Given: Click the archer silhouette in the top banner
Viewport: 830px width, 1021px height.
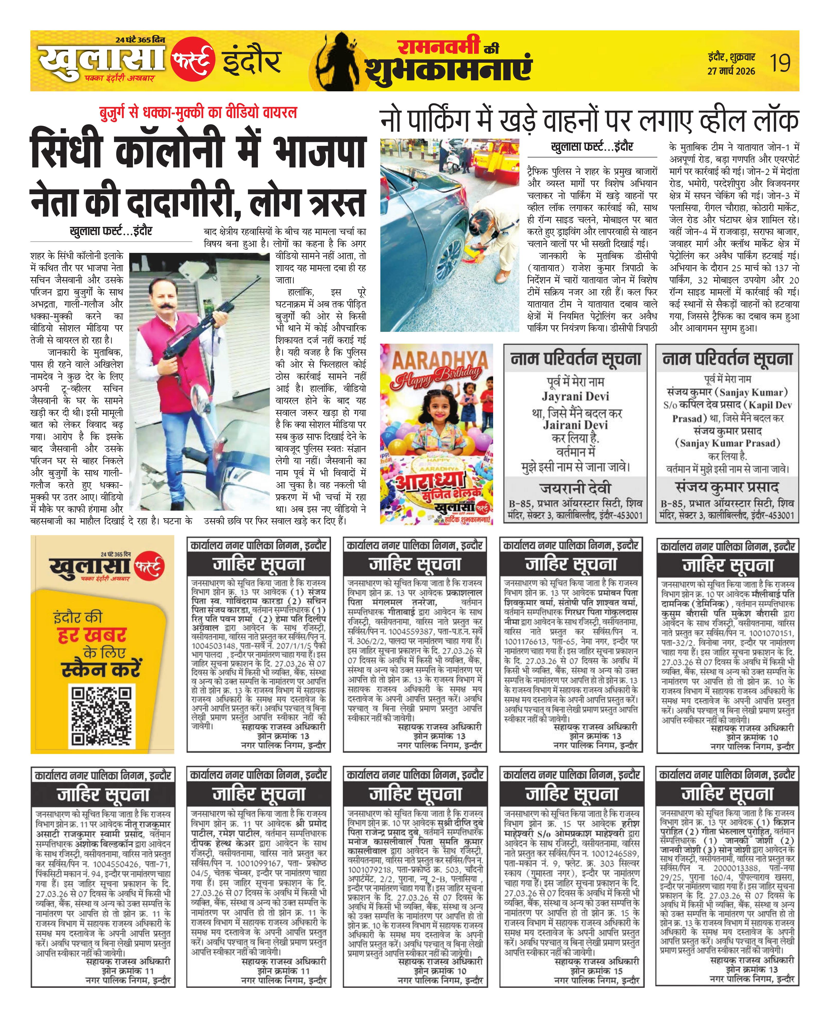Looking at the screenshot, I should (x=343, y=59).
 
